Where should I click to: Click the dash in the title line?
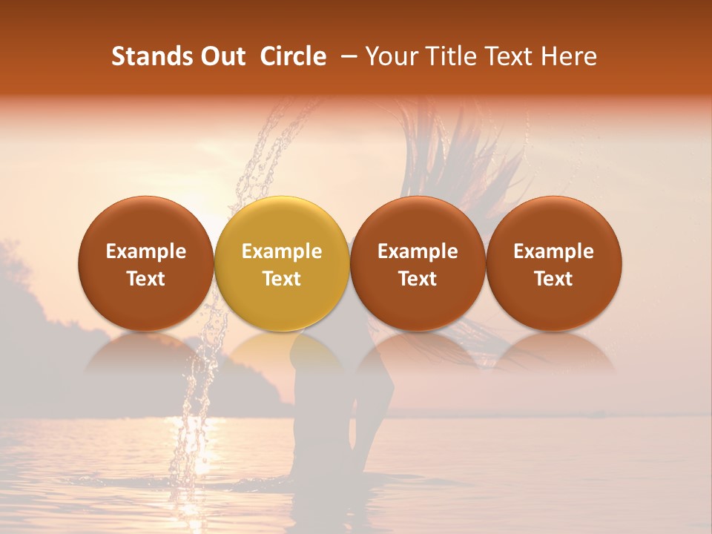[346, 56]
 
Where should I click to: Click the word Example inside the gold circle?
[282, 251]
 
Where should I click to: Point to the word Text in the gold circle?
[282, 279]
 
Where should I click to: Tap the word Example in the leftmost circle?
[145, 251]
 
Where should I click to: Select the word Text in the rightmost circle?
[554, 279]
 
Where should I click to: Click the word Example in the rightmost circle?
[554, 251]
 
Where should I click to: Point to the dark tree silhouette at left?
[30, 326]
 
